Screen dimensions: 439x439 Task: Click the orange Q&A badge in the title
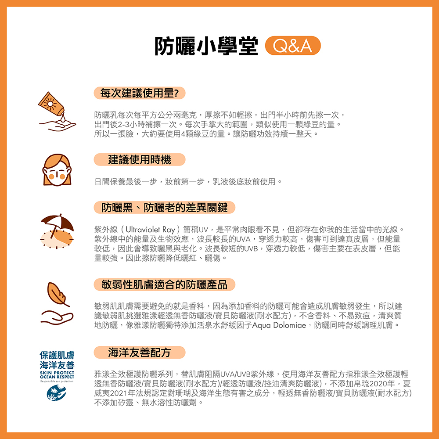coord(293,45)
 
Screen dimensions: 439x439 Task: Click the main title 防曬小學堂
coord(206,45)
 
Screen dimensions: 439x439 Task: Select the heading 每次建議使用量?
coord(139,93)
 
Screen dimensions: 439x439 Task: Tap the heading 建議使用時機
coord(140,159)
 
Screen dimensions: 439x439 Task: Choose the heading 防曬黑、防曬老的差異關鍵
coord(165,207)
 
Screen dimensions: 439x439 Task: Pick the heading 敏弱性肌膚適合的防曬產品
coord(165,285)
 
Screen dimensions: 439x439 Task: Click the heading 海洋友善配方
coord(140,352)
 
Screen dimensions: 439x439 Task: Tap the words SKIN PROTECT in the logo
coord(57,373)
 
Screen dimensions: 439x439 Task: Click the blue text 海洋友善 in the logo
coord(57,365)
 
